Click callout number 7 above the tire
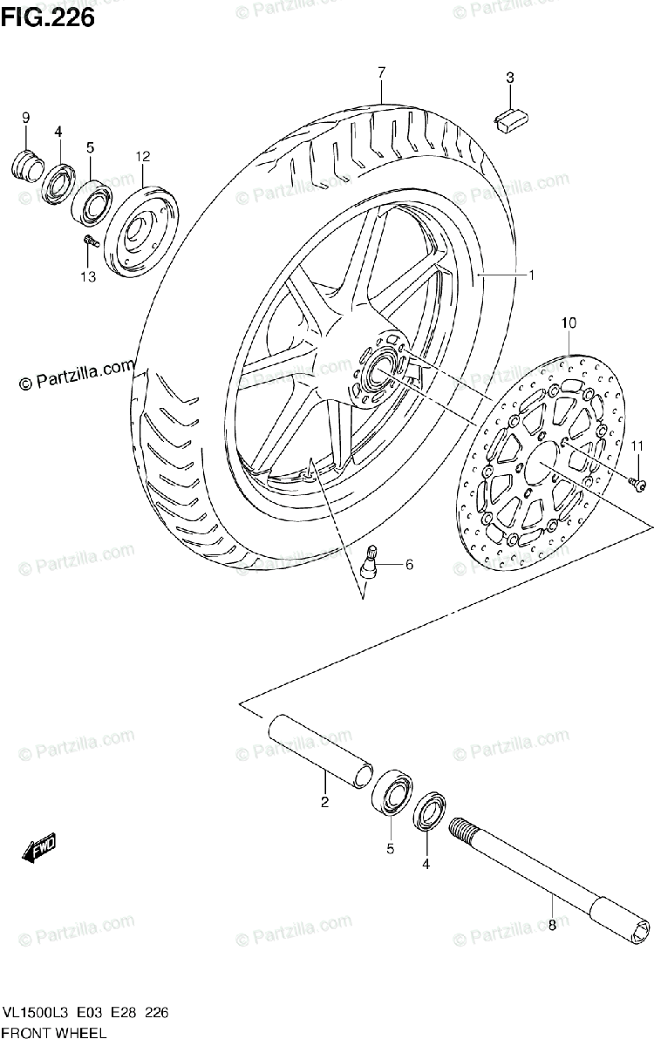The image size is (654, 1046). [381, 71]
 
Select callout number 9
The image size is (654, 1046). [26, 118]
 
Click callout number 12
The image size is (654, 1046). [143, 157]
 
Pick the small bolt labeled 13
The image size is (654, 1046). [88, 240]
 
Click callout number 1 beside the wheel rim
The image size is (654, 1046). [529, 275]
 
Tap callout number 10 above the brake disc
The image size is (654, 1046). [569, 323]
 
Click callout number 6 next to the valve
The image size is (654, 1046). [408, 565]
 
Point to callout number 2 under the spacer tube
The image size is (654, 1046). [324, 803]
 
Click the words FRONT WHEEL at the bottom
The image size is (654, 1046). [54, 1033]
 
